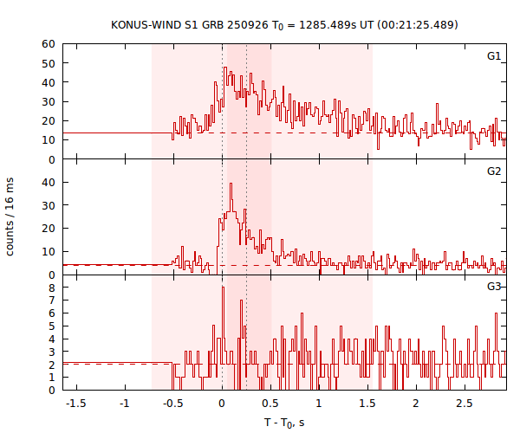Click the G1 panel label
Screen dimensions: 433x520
(493, 56)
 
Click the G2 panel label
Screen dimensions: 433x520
(493, 171)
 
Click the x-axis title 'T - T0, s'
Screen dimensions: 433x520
(284, 423)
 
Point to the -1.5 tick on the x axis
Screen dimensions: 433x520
(76, 404)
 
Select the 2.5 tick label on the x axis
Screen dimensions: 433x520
(464, 404)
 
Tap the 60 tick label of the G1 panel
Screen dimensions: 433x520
(49, 44)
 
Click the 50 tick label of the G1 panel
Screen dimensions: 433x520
(49, 63)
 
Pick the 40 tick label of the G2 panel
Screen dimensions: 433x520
(49, 183)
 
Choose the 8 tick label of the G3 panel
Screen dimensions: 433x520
(52, 288)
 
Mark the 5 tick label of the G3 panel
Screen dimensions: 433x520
(52, 326)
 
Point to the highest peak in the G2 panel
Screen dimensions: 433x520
(231, 184)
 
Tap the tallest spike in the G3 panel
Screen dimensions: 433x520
(223, 288)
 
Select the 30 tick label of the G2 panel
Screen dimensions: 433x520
(49, 205)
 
